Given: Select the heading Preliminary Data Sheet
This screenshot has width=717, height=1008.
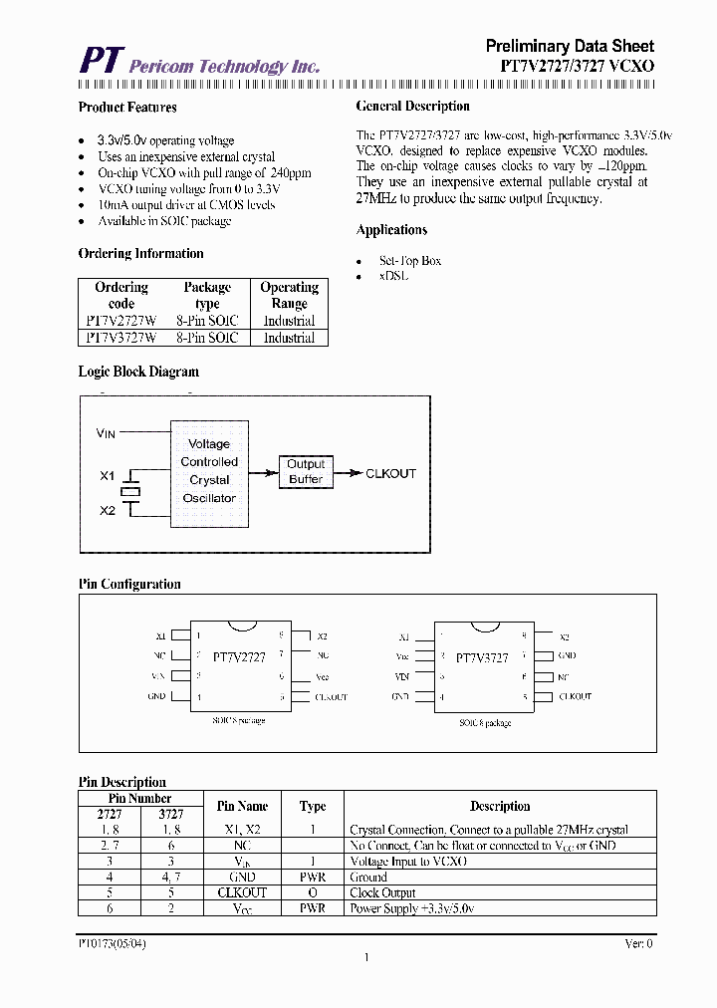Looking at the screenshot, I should pos(570,46).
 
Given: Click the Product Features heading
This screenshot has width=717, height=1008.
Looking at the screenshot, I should pos(127,108).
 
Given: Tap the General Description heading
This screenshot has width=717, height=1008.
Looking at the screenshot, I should pos(412,107).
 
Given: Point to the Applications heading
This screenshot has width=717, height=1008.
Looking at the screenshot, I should pos(391,230).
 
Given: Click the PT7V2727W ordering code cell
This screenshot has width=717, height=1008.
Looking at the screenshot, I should pos(120,321).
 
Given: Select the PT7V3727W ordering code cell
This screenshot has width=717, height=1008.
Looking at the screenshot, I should pos(120,338).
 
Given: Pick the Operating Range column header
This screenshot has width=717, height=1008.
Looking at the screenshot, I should pos(289,295).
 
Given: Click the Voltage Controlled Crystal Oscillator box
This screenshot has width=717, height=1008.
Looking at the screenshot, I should pos(209,471).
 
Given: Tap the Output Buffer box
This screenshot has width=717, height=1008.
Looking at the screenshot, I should pos(306,471).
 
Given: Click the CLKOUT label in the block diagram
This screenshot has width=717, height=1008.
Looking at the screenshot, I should pos(390,474).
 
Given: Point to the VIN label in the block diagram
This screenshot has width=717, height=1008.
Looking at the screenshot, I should pos(107,433).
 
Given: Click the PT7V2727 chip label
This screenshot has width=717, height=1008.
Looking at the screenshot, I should pos(239,657).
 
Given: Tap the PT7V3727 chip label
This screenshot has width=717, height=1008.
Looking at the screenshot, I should pos(482,658).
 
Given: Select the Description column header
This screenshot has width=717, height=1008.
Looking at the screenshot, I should pos(500,806).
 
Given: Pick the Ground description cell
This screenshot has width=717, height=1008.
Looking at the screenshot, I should pos(368,877).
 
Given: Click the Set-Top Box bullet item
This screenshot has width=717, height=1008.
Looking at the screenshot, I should pos(409,261).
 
